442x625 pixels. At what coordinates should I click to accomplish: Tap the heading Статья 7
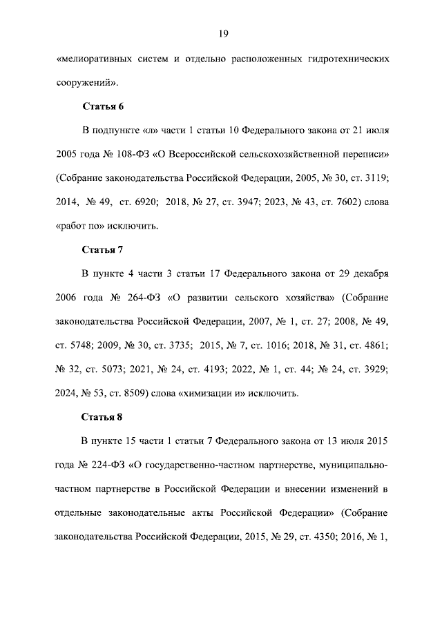pos(103,249)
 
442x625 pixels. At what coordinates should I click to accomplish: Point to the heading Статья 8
pos(103,416)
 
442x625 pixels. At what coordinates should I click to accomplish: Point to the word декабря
pos(369,273)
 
